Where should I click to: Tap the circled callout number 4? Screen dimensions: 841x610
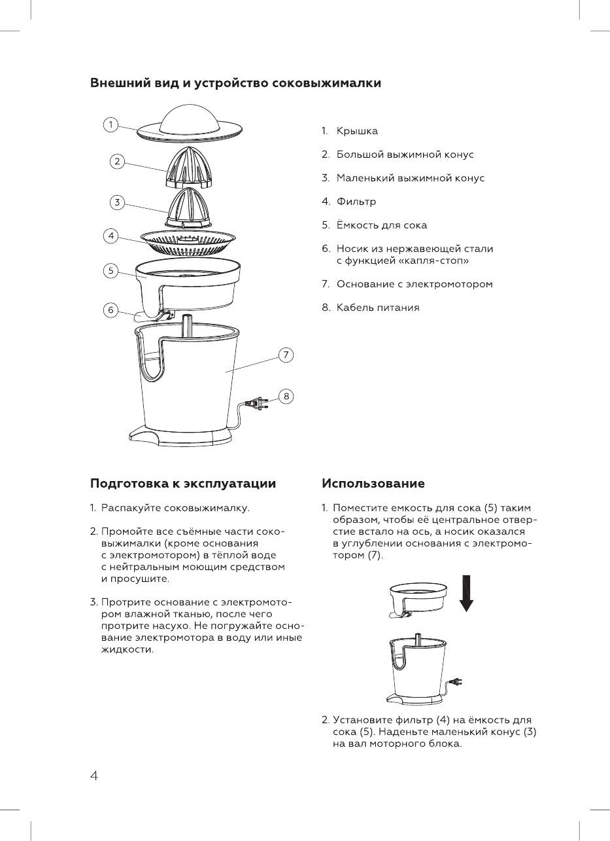[x=112, y=236]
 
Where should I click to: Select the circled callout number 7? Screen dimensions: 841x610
[x=286, y=355]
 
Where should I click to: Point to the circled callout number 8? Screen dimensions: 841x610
[x=286, y=396]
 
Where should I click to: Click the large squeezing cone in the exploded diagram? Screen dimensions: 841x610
[x=191, y=165]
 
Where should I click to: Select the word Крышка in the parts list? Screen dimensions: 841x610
[x=357, y=132]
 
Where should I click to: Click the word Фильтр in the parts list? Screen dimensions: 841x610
[x=356, y=202]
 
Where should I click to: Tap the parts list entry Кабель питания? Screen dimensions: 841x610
[x=378, y=308]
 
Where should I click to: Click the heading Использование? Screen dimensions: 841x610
[x=373, y=484]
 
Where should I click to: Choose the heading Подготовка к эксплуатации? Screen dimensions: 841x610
[x=182, y=484]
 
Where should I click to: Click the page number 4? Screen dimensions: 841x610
[x=94, y=776]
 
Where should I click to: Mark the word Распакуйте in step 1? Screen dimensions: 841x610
[x=131, y=508]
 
